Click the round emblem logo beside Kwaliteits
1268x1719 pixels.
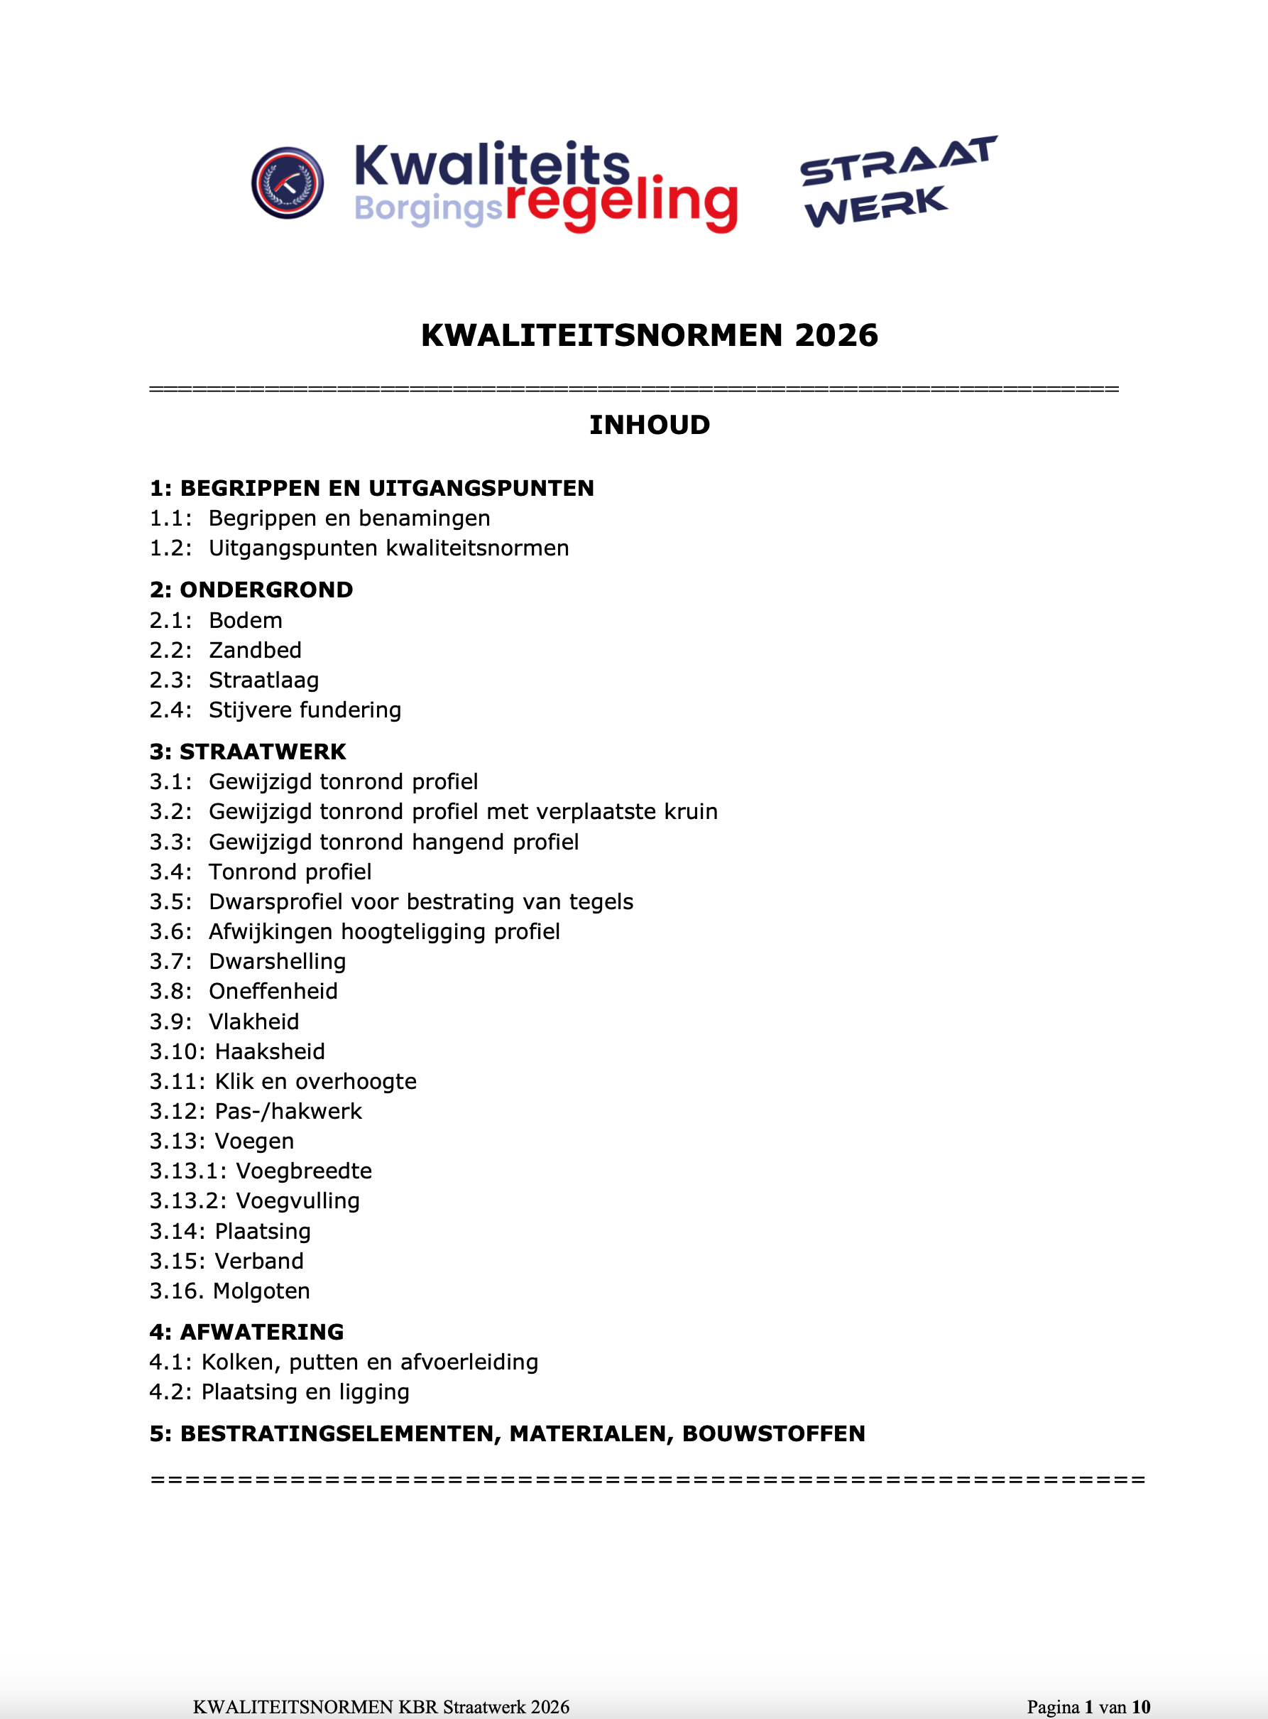tap(287, 183)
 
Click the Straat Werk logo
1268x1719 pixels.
tap(897, 183)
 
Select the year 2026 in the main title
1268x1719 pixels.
tap(836, 335)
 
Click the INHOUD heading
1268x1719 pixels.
tap(650, 425)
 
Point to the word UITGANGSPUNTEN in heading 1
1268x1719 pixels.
tap(481, 488)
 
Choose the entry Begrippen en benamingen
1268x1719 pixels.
tap(349, 519)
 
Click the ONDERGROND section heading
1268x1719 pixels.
tap(266, 590)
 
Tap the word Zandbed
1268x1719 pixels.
tap(255, 650)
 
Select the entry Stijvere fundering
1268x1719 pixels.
tap(305, 710)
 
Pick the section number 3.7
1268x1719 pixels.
tap(170, 961)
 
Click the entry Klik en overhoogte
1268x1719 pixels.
tap(315, 1081)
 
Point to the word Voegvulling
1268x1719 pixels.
tap(297, 1200)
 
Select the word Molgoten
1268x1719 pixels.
tap(262, 1291)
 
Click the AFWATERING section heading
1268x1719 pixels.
tap(261, 1332)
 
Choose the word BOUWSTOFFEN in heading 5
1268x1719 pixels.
tap(774, 1433)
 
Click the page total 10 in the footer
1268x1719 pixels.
tap(1141, 1707)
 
